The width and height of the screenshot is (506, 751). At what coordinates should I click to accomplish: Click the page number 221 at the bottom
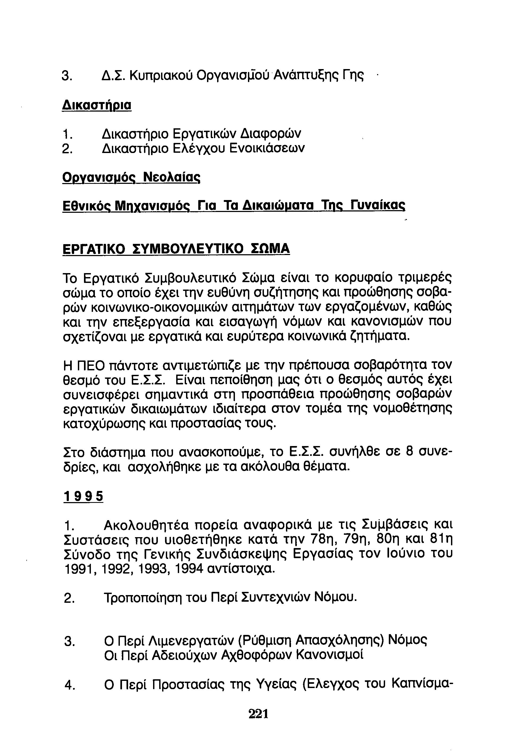point(258,713)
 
